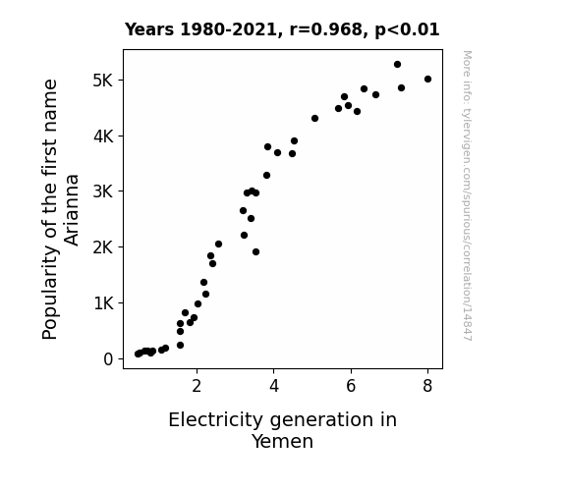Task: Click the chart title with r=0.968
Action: [x=282, y=29]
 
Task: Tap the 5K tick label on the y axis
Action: [x=103, y=81]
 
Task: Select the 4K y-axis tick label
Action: [x=103, y=136]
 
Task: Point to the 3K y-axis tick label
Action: [x=103, y=191]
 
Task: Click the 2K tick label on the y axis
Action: [x=103, y=247]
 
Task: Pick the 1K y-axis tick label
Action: [x=103, y=303]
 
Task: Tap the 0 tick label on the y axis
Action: [x=108, y=359]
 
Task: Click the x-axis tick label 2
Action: [x=197, y=386]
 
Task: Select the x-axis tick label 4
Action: [x=274, y=386]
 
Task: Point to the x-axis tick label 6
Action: [x=351, y=386]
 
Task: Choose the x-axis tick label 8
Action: [x=427, y=386]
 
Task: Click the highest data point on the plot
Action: [x=397, y=65]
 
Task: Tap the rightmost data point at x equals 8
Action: [x=427, y=80]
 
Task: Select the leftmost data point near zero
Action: [x=138, y=355]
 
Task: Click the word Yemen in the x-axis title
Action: [x=282, y=441]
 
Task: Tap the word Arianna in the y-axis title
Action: [x=72, y=210]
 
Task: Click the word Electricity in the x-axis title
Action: [x=216, y=420]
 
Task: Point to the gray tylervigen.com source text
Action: [x=467, y=195]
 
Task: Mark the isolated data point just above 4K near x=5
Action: [x=315, y=119]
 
